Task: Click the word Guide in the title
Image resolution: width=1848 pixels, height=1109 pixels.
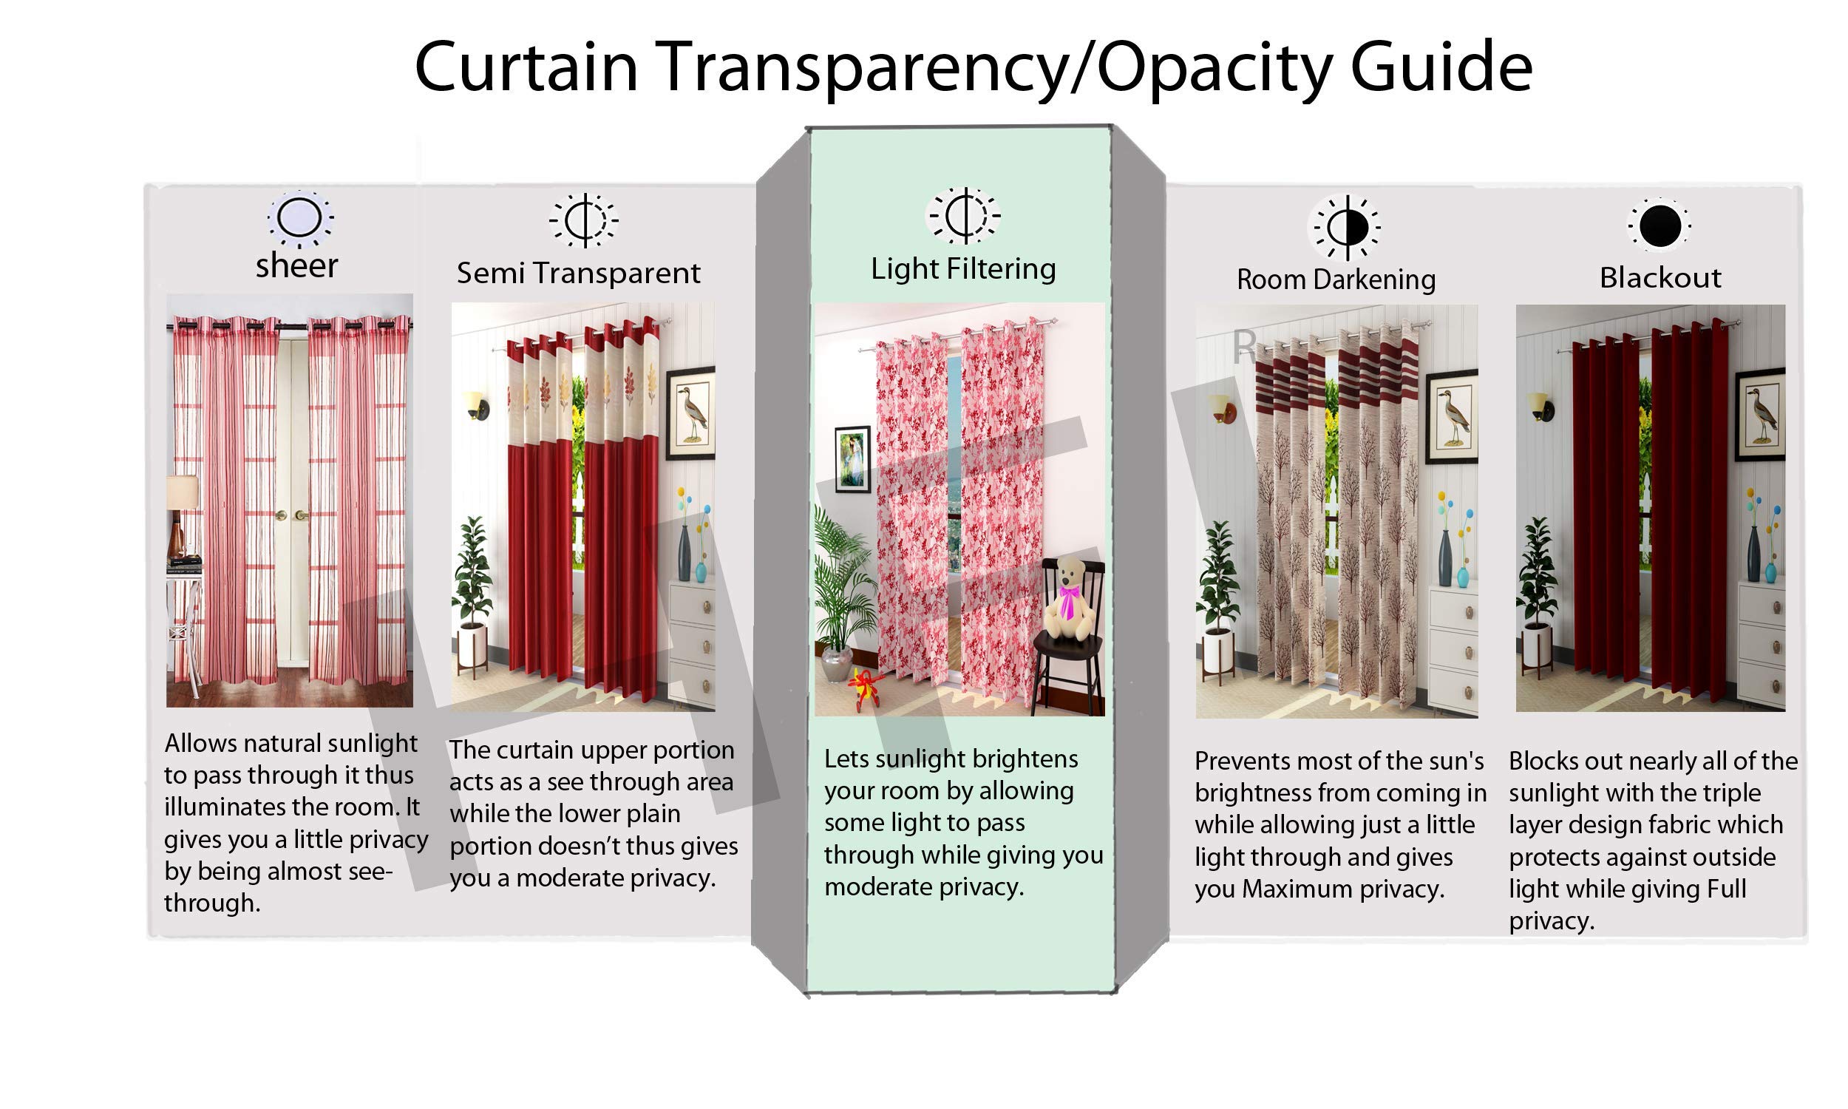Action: click(1441, 67)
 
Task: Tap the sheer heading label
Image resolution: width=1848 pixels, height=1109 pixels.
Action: click(296, 265)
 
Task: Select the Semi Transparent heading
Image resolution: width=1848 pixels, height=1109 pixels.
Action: click(578, 273)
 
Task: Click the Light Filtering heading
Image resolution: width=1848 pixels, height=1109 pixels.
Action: click(963, 269)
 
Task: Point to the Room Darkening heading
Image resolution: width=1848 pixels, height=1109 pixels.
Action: click(1336, 279)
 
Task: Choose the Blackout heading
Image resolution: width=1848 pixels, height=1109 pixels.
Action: click(1660, 277)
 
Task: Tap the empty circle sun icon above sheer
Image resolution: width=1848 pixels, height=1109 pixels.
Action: click(299, 219)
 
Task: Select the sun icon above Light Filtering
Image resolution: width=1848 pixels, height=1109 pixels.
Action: click(963, 215)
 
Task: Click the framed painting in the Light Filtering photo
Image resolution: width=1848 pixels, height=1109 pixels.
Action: click(852, 459)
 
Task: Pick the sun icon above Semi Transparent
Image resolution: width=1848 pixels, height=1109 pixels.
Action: click(583, 220)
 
